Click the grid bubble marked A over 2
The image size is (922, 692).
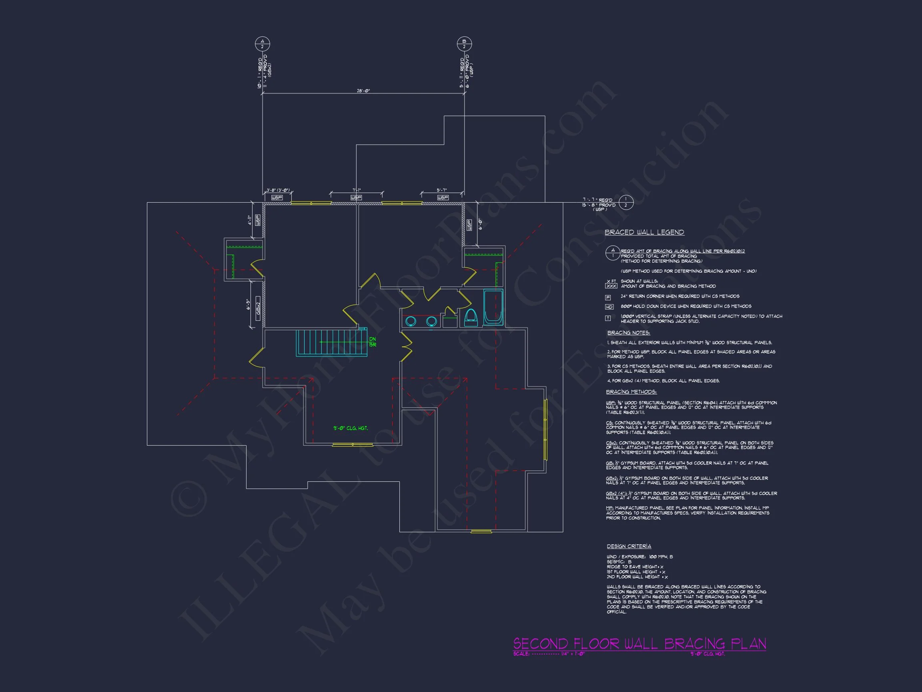(x=262, y=44)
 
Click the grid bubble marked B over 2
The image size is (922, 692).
(x=464, y=44)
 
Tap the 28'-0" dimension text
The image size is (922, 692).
(x=363, y=91)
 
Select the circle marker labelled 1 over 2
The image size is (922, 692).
(x=625, y=203)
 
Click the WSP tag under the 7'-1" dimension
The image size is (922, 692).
(x=356, y=197)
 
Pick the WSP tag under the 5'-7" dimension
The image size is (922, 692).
(x=443, y=197)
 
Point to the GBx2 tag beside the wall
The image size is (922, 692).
(x=258, y=309)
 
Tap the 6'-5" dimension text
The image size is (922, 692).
(x=248, y=304)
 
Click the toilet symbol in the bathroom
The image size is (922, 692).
(x=471, y=318)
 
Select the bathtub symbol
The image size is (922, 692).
(x=493, y=308)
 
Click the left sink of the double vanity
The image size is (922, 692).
(x=411, y=321)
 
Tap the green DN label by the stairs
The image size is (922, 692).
(x=372, y=340)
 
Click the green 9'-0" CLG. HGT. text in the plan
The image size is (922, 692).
(x=350, y=428)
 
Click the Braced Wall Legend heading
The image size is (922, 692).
(x=644, y=232)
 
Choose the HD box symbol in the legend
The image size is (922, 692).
(x=609, y=307)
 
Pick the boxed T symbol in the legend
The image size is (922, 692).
(x=608, y=318)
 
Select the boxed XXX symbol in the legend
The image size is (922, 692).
(x=611, y=286)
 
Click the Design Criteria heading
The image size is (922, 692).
(x=629, y=546)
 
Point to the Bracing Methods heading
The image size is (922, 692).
(x=631, y=392)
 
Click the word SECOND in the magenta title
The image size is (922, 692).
(x=541, y=643)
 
